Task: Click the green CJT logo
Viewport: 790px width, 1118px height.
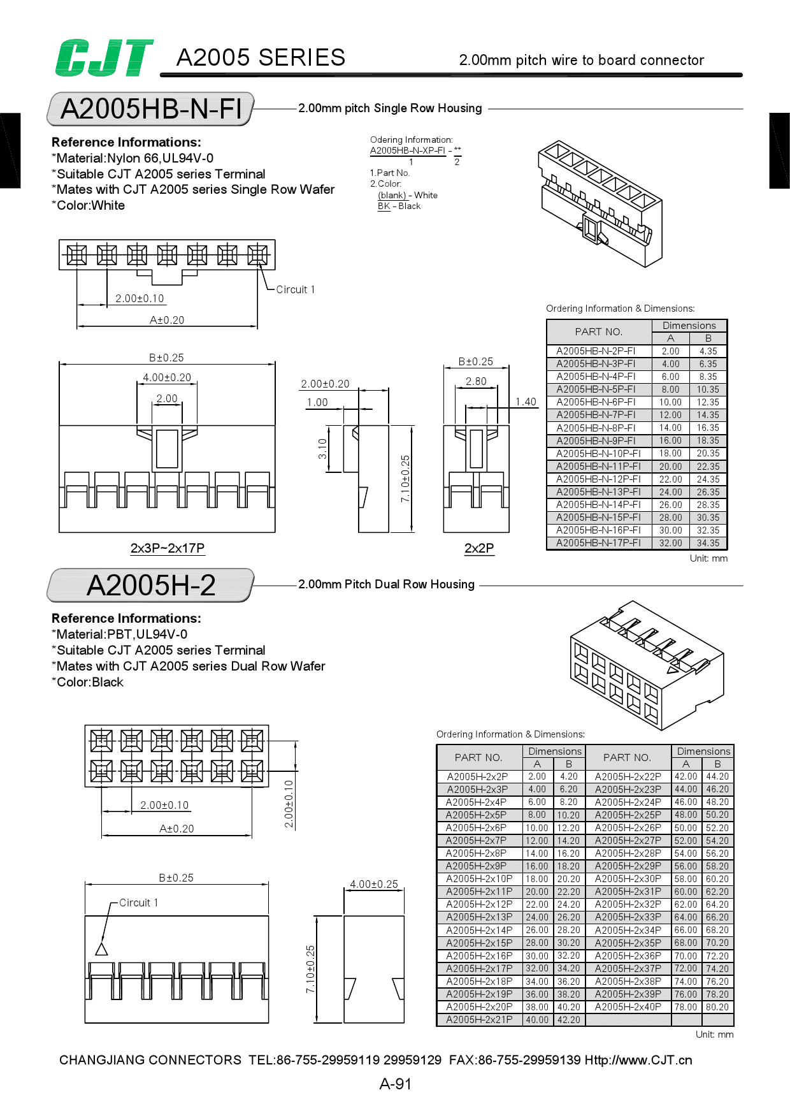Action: [x=104, y=58]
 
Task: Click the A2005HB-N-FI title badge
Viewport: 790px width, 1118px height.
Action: [x=151, y=109]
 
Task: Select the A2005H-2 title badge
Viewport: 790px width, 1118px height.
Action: [x=151, y=585]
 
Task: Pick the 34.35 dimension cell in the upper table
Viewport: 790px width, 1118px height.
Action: [x=708, y=543]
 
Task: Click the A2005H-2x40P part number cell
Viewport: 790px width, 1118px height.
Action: [x=628, y=1007]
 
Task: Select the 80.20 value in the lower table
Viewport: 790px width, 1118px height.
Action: [x=717, y=1007]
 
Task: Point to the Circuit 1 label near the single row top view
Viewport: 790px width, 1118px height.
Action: [x=295, y=289]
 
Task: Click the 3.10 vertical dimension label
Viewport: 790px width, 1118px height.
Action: [x=322, y=449]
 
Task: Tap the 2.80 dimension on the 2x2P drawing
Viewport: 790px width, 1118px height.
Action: [x=476, y=381]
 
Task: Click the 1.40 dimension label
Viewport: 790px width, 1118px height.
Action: [x=526, y=402]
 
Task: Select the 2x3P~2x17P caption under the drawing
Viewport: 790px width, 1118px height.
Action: [x=167, y=548]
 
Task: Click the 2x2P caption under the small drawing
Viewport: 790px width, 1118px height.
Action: [x=479, y=548]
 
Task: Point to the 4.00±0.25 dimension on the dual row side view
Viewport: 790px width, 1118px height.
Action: [x=374, y=884]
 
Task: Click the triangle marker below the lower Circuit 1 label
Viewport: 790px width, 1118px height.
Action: [x=101, y=949]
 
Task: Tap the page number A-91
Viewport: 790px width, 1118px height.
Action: [x=395, y=1084]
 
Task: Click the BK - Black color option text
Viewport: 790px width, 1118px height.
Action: [x=399, y=206]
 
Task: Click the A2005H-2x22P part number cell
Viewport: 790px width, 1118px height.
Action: [x=628, y=776]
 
